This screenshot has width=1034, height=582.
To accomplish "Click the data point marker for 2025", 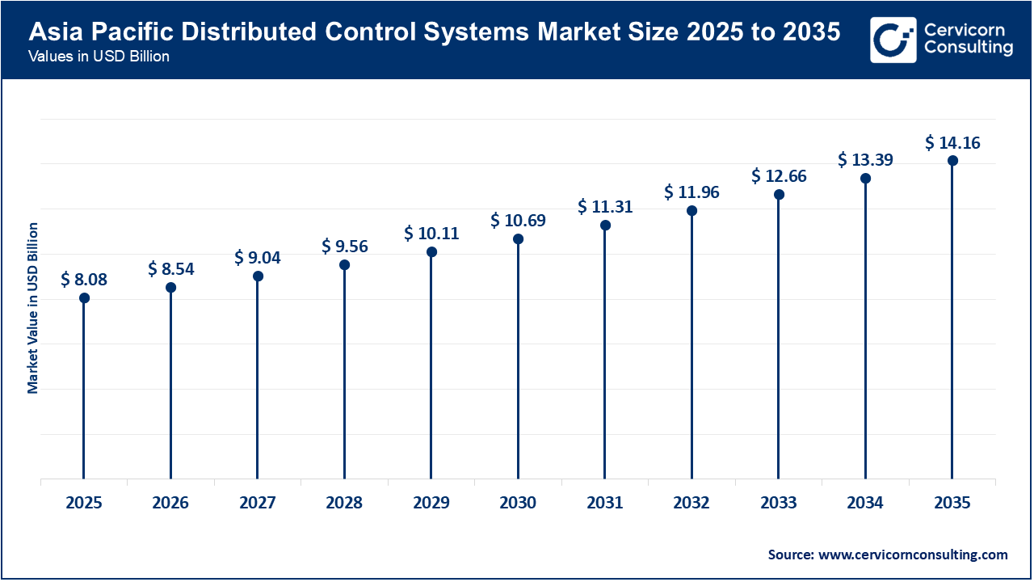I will point(84,298).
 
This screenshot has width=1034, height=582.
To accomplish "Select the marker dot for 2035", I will point(952,161).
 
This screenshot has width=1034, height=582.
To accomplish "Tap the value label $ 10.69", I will point(518,220).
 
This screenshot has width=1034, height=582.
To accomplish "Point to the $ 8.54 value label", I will point(170,268).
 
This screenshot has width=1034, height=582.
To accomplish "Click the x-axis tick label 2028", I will point(344,503).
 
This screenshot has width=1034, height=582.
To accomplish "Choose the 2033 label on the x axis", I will point(779,503).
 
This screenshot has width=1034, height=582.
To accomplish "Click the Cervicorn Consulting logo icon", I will point(893,40).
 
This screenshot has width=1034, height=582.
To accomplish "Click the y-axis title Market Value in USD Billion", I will point(33,307).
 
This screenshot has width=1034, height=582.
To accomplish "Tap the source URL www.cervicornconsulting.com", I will point(914,555).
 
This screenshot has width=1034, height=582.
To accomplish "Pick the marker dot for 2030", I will point(518,239).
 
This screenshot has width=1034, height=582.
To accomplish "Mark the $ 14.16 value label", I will point(952,143).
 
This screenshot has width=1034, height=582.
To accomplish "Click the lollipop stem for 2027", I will point(258,380).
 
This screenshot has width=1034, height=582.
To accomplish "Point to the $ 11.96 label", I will point(691,192).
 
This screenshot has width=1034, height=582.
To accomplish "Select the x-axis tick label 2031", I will point(605,503).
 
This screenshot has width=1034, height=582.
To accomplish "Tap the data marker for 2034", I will point(865,179).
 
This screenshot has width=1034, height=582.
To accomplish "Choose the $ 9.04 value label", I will point(258,257).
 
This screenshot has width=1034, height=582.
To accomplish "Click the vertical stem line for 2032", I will point(691,348).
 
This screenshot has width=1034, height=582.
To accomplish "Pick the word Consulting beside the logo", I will point(968,48).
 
